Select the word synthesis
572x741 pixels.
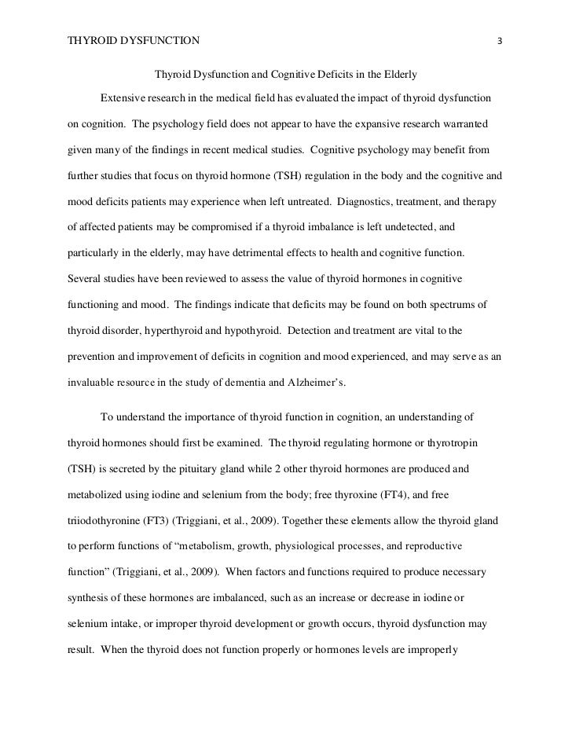point(85,599)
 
